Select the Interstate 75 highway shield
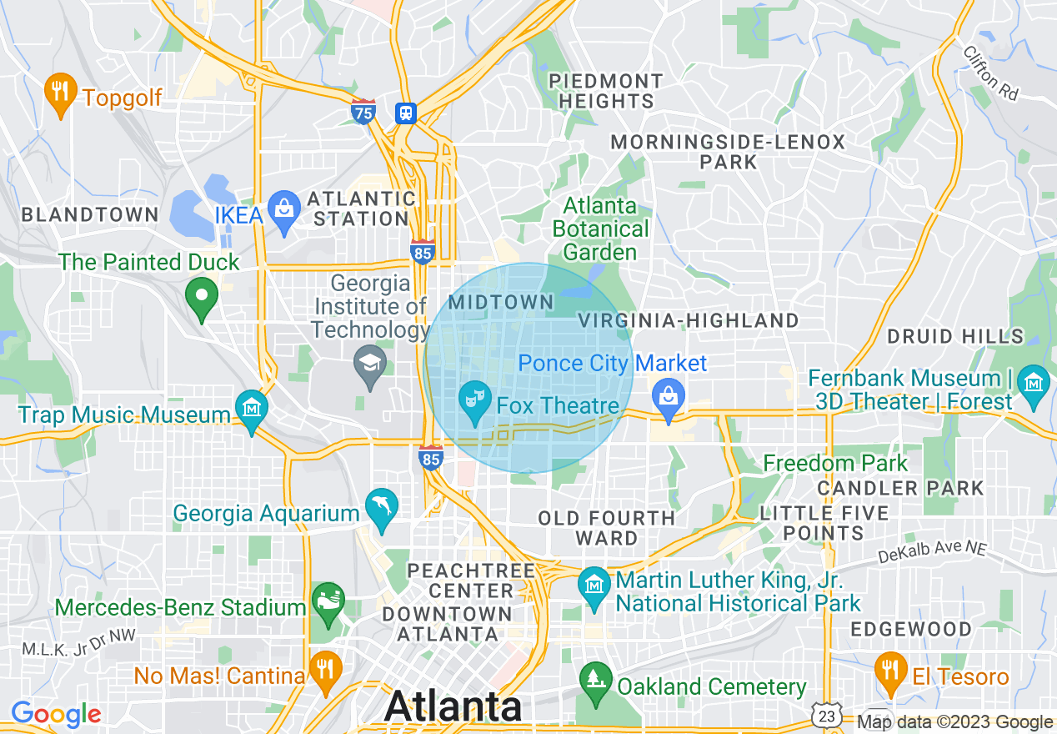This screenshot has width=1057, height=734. tap(363, 112)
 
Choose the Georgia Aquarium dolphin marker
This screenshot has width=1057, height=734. tap(383, 505)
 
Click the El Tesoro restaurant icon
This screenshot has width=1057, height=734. tap(890, 670)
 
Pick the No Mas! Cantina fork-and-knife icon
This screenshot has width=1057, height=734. tap(324, 668)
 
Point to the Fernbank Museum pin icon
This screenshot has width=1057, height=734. tap(1034, 384)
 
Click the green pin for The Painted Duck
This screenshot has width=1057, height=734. tap(201, 297)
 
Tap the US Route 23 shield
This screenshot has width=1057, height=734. tap(826, 716)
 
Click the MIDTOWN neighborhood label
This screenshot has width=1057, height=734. tap(501, 302)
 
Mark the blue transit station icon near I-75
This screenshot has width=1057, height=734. tap(406, 113)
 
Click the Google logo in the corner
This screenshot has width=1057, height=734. tap(56, 714)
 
